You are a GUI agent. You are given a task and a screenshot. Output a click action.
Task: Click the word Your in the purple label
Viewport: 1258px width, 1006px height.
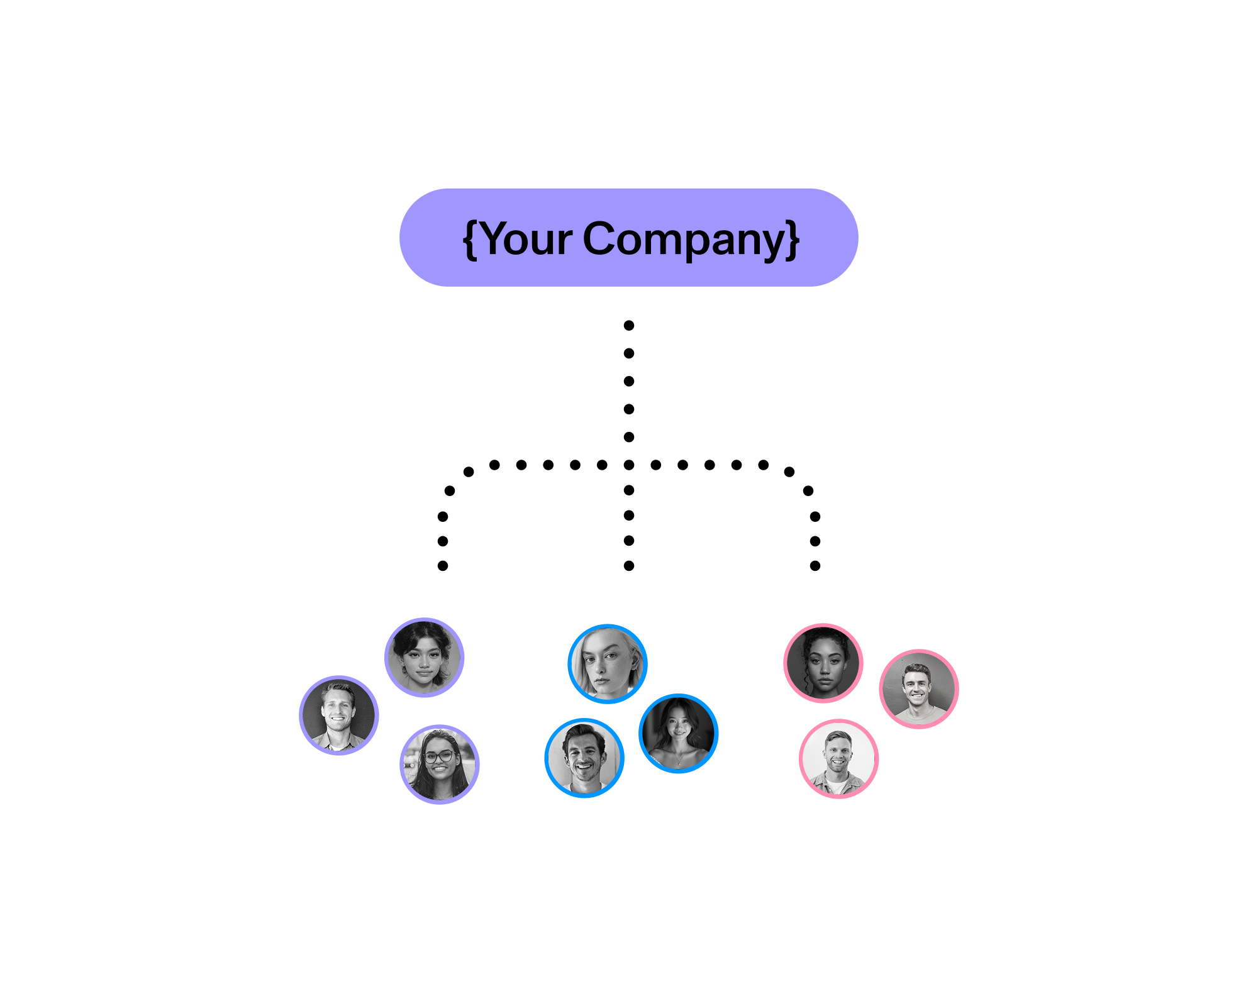[527, 239]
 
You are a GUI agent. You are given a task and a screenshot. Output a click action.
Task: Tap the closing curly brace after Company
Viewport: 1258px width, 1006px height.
[793, 240]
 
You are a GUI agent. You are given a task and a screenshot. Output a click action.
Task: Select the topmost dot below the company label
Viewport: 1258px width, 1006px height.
[629, 325]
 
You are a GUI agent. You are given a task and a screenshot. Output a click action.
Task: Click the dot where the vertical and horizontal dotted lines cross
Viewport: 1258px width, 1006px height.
[629, 465]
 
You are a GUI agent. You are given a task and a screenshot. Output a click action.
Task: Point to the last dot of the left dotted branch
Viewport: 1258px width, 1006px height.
[443, 566]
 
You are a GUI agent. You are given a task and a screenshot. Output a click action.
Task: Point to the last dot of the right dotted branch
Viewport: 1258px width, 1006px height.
[815, 566]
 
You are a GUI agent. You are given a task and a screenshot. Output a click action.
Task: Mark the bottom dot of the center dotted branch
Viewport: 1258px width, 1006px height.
[629, 566]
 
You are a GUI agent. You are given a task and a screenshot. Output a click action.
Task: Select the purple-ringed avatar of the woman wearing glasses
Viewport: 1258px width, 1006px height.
[440, 765]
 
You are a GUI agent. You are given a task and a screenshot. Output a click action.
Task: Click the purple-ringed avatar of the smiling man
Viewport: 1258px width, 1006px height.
[338, 716]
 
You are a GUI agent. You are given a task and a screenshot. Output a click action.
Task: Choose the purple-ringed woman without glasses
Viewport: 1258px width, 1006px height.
[424, 658]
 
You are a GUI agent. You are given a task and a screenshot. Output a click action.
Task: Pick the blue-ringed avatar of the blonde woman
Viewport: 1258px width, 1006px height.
[607, 664]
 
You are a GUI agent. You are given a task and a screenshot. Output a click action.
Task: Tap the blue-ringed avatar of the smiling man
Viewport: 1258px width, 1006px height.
[584, 758]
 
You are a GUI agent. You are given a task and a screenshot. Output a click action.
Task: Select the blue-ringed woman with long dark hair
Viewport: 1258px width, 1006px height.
[678, 733]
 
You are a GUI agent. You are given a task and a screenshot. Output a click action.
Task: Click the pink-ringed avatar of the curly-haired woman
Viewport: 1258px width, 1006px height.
[823, 663]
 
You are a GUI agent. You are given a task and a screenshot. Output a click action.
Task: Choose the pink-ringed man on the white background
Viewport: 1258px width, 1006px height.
[838, 759]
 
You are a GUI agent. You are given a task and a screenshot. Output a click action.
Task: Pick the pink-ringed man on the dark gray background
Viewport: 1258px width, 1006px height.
[918, 689]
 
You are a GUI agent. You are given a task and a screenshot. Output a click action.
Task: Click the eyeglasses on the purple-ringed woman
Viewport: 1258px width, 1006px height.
[440, 756]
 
